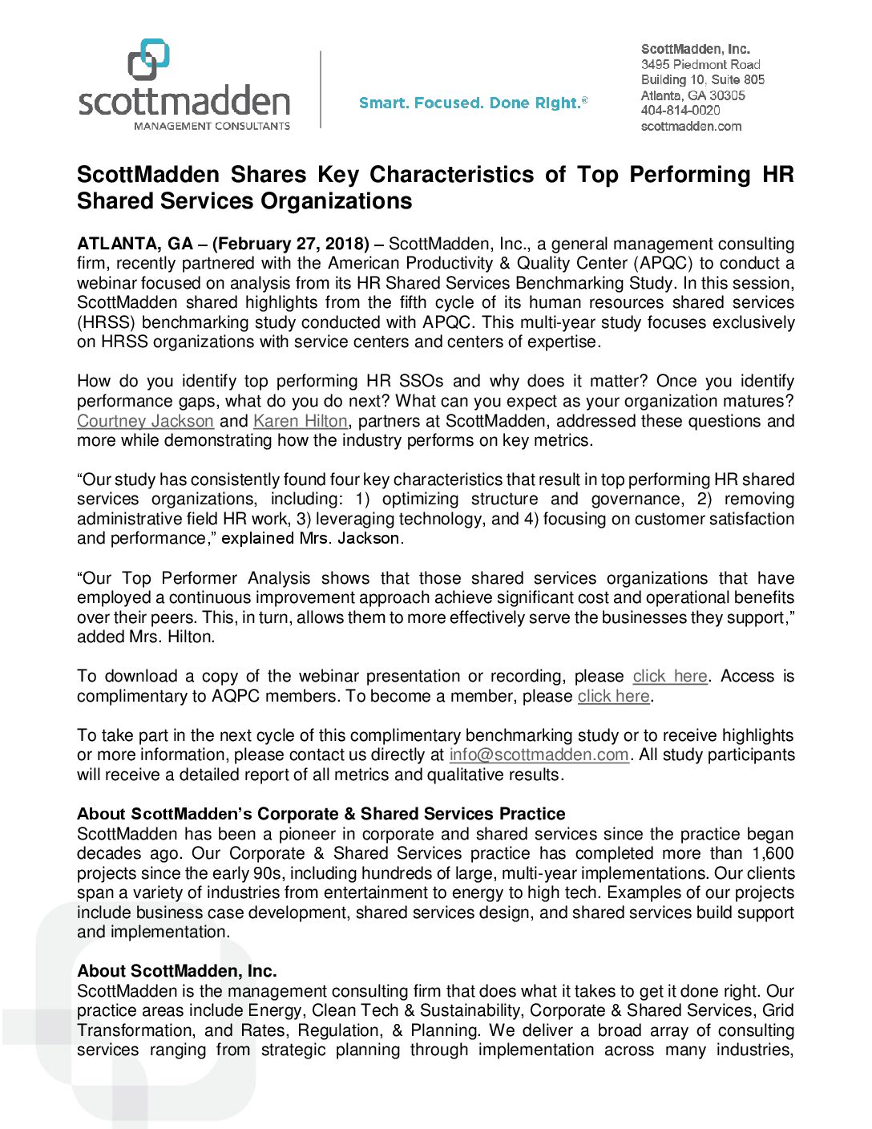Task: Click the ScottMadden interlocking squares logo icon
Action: [x=149, y=59]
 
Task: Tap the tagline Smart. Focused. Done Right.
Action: [x=473, y=103]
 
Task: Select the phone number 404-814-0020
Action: [x=680, y=111]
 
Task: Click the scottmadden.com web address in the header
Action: [x=691, y=126]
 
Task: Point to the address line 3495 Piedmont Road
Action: [x=700, y=64]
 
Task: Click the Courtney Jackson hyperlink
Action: [x=145, y=421]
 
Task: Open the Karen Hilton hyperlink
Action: [x=300, y=421]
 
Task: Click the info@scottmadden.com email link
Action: [x=539, y=755]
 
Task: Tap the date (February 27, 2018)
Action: [x=291, y=244]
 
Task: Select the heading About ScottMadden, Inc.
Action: [x=176, y=971]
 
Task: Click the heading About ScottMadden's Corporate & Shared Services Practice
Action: [x=321, y=814]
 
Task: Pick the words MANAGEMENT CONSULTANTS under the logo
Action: [x=212, y=126]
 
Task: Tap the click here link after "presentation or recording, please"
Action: [x=670, y=676]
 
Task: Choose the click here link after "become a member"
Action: [x=613, y=696]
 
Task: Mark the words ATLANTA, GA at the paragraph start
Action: [x=135, y=244]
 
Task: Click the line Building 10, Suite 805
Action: [x=702, y=79]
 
